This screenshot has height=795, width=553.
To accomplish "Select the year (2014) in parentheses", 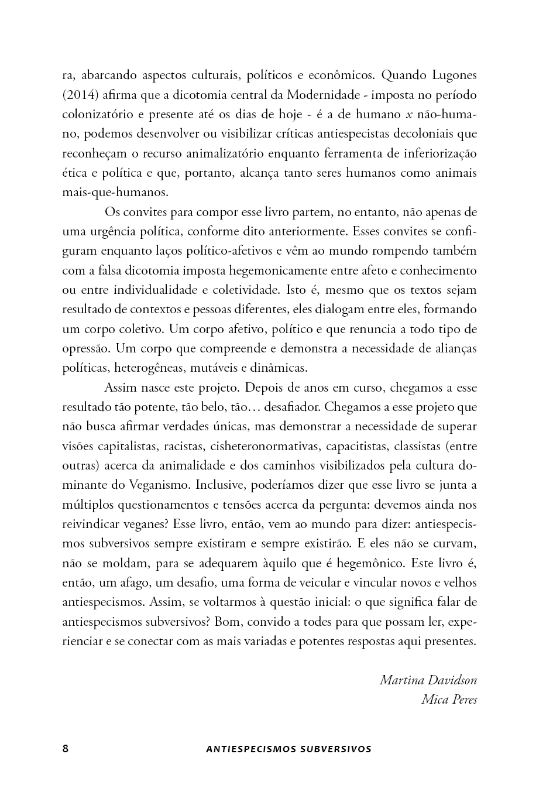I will [82, 95].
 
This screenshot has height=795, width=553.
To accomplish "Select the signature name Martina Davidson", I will [428, 680].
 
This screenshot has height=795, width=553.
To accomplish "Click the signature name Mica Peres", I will [449, 700].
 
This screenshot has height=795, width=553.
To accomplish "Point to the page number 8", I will [66, 749].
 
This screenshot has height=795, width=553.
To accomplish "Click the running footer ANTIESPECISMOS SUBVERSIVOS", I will [289, 749].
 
